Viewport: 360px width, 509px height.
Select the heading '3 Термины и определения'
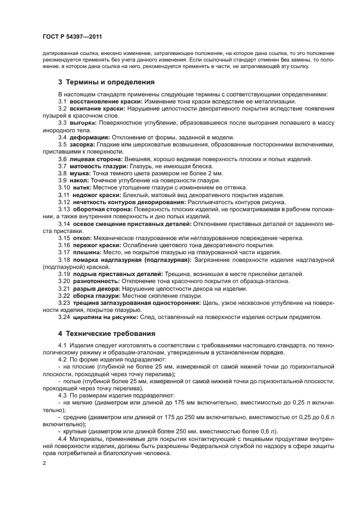click(106, 82)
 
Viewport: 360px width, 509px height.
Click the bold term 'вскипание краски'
click(91, 109)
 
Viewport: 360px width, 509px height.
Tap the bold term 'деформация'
click(88, 137)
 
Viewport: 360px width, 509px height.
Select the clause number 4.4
click(62, 438)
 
